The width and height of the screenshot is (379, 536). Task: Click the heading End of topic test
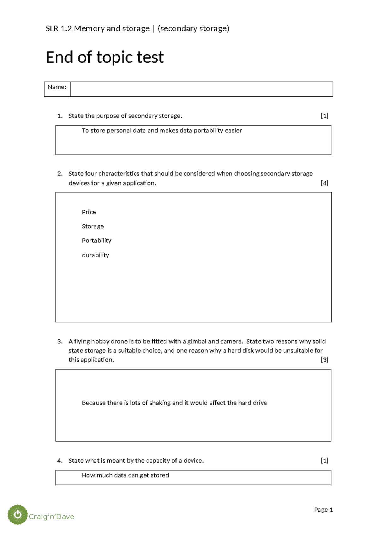(105, 58)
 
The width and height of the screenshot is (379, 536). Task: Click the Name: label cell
(57, 87)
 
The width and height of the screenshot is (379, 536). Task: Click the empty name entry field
(201, 89)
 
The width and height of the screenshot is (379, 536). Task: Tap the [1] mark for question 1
(324, 116)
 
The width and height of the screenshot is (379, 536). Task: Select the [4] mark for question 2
(324, 183)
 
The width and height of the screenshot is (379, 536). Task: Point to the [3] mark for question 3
(324, 360)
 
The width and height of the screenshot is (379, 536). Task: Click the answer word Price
(89, 212)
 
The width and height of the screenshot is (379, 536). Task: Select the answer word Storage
(93, 226)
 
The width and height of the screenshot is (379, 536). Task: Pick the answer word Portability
(96, 241)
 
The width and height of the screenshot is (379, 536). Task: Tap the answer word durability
(95, 255)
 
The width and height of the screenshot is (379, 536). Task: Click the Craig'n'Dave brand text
(51, 517)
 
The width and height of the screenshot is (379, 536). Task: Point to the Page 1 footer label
(323, 509)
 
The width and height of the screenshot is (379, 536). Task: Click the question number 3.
(60, 341)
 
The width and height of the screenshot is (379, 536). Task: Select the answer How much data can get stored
(125, 475)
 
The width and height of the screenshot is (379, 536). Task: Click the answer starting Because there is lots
(174, 403)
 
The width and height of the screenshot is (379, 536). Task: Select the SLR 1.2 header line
(137, 29)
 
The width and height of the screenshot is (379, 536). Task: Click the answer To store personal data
(162, 131)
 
